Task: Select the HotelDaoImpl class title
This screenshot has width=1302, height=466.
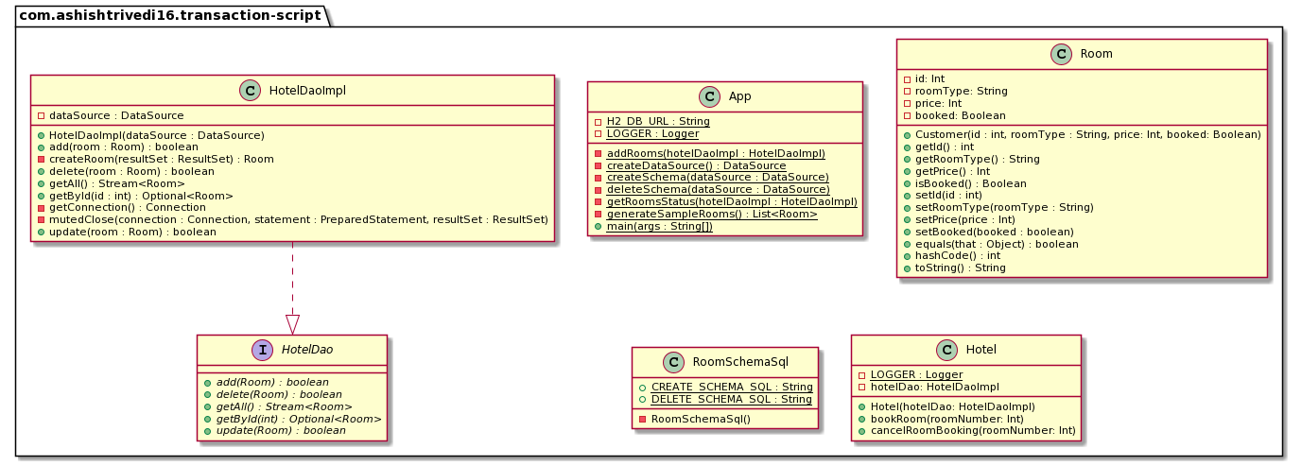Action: [307, 91]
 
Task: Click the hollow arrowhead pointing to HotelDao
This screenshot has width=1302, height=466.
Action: [292, 324]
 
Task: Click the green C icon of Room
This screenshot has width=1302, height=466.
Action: [1060, 54]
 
